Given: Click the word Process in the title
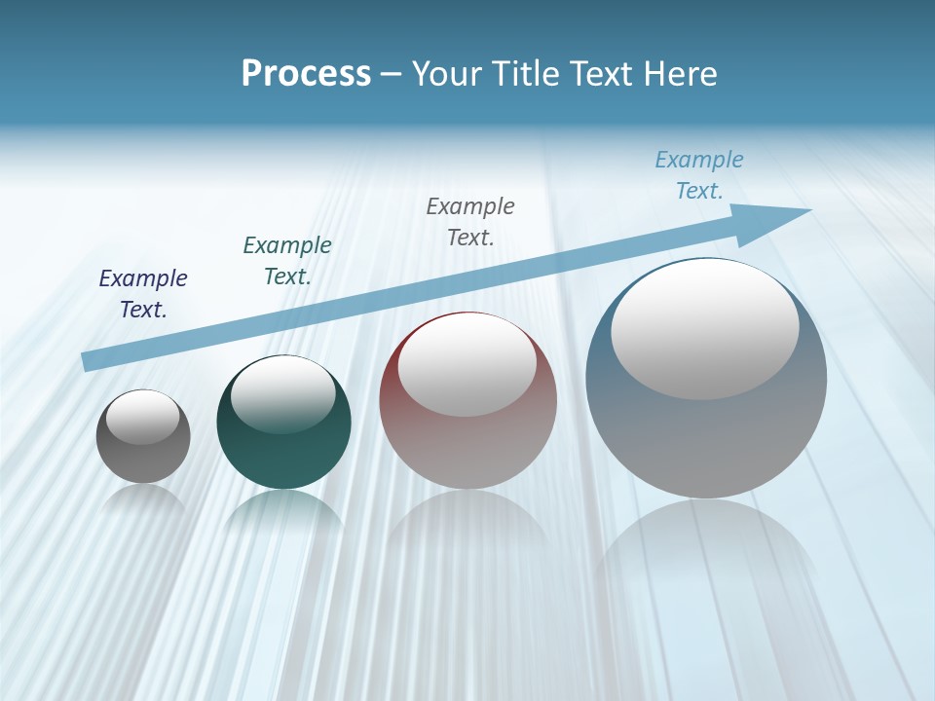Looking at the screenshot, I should pyautogui.click(x=306, y=74).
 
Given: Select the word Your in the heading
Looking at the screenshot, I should pyautogui.click(x=448, y=74).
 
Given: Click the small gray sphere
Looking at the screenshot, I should pyautogui.click(x=143, y=458).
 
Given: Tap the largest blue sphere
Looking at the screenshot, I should pyautogui.click(x=706, y=438).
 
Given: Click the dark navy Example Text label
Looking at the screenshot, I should pyautogui.click(x=143, y=294).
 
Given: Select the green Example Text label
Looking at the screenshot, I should pyautogui.click(x=287, y=261).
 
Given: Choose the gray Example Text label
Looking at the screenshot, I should pyautogui.click(x=470, y=221).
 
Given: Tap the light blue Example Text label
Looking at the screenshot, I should pyautogui.click(x=699, y=175).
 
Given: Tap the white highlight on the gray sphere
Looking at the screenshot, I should pyautogui.click(x=142, y=417).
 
